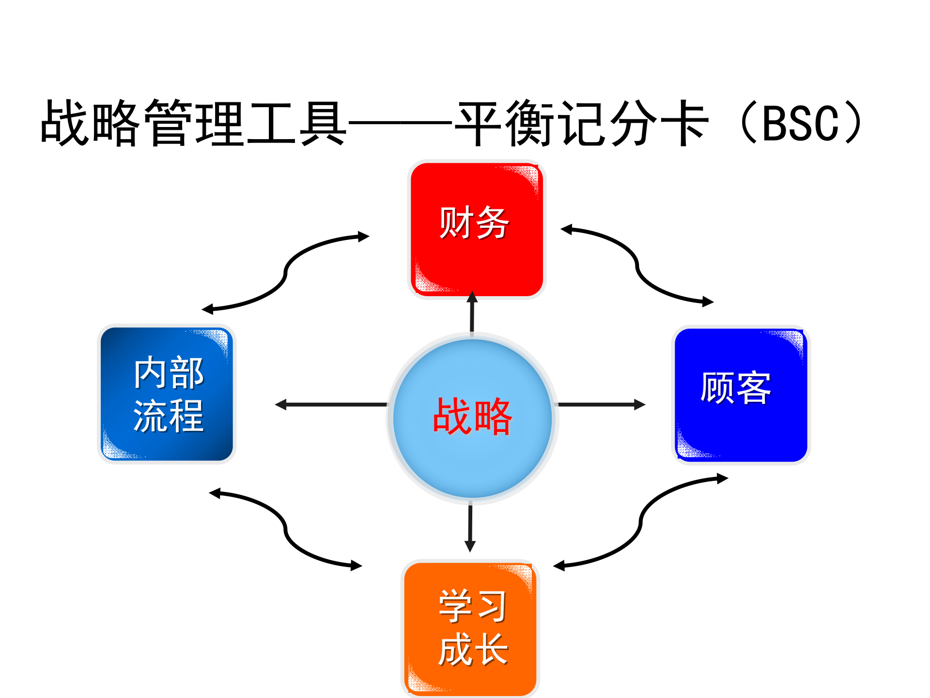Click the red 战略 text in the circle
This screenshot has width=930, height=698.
pos(472,416)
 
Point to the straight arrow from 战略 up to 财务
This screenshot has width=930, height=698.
pos(472,313)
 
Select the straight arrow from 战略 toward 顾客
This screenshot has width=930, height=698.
pos(601,404)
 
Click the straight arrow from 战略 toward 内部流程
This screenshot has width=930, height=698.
pos(332,404)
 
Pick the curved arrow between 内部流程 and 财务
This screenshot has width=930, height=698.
pos(285,273)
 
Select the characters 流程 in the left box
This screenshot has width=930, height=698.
pos(169,416)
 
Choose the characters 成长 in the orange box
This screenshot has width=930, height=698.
pos(473,650)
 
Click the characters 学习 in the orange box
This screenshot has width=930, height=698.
pos(473,606)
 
